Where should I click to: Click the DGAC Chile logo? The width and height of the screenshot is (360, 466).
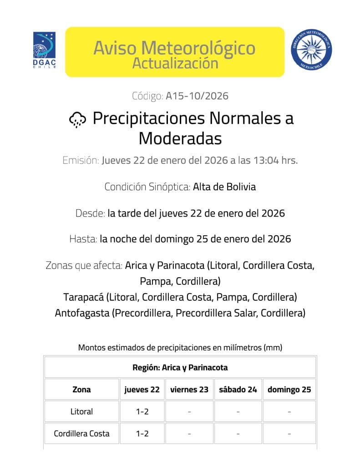click(x=45, y=50)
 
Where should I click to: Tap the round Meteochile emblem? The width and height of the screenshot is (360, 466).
click(x=311, y=50)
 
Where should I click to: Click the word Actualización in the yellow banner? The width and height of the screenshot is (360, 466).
click(x=175, y=63)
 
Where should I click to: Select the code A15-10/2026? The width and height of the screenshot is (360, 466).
click(x=197, y=96)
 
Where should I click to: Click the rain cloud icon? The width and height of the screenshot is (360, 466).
click(x=77, y=119)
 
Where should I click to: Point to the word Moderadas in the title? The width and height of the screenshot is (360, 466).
click(x=180, y=138)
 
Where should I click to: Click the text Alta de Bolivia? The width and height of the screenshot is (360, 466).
click(x=224, y=187)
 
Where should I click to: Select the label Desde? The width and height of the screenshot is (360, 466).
click(x=90, y=213)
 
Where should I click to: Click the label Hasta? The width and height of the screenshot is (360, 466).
click(x=84, y=239)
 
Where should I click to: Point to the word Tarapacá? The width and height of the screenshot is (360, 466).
click(x=83, y=297)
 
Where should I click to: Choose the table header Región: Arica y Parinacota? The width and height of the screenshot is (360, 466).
click(x=180, y=367)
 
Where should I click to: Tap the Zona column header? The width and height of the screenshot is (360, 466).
click(x=81, y=390)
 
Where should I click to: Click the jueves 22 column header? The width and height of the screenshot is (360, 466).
click(x=142, y=390)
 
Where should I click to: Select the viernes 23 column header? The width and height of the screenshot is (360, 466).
click(x=189, y=390)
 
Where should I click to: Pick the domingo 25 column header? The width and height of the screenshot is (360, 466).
click(x=289, y=390)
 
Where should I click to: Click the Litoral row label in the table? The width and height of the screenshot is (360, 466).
click(x=81, y=411)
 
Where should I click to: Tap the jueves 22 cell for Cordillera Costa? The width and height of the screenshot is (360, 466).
click(x=142, y=434)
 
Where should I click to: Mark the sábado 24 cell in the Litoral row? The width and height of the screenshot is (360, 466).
click(x=238, y=411)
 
